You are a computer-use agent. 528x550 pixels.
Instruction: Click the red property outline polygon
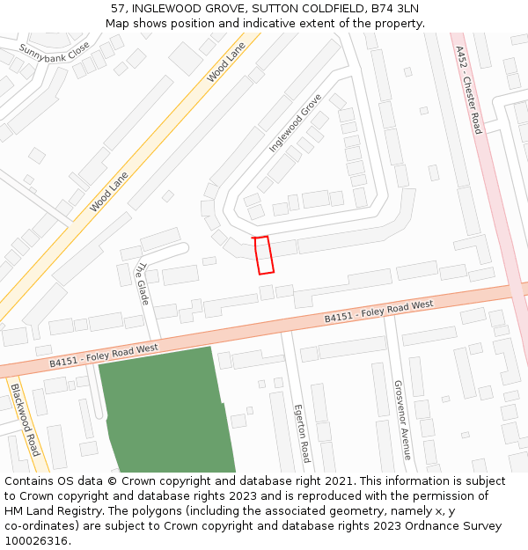coord(263,255)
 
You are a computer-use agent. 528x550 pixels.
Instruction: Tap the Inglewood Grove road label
coord(296,122)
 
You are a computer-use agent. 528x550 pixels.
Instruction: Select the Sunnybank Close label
coord(55,59)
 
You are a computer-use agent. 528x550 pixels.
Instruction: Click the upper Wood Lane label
coord(226,63)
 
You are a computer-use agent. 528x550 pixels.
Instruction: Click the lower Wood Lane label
coord(109,192)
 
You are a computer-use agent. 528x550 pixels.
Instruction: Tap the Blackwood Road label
coord(26,419)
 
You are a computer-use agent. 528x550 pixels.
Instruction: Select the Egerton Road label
coord(303,434)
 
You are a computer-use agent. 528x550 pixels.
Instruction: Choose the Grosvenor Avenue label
coord(402,421)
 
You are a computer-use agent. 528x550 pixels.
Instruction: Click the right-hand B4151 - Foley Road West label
coord(378,311)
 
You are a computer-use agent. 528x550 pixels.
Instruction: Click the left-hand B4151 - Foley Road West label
coord(104,355)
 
